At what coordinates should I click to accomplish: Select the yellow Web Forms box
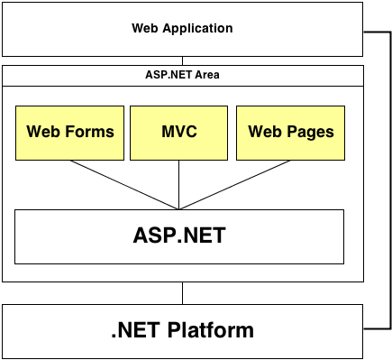point(70,132)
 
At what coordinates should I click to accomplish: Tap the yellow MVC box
point(178,132)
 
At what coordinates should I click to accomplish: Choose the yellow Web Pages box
point(290,132)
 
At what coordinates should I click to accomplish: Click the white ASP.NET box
point(178,236)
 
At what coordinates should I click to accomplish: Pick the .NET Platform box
point(182,330)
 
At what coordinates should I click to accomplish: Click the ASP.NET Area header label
point(182,74)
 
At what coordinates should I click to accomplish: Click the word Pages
point(311,132)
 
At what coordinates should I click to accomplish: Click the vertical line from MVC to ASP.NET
point(178,184)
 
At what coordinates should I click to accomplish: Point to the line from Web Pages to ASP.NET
point(234,184)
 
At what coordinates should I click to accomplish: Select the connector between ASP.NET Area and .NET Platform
point(182,293)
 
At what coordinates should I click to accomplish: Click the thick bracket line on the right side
point(389,180)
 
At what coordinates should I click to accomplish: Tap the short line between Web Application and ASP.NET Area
point(182,60)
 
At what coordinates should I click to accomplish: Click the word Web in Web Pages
point(263,132)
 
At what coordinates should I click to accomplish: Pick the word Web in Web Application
point(145,29)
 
